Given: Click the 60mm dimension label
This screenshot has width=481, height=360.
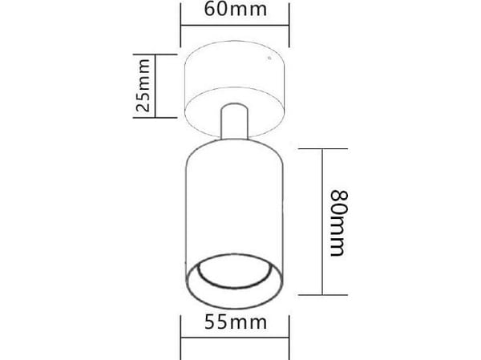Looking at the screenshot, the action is point(235,9).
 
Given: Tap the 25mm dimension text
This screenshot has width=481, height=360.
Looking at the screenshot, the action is point(143,85).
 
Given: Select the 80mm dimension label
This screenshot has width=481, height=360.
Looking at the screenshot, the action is point(339,223).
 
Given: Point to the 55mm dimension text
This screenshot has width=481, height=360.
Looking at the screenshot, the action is point(236,322).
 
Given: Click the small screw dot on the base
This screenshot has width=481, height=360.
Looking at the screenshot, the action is point(269,58).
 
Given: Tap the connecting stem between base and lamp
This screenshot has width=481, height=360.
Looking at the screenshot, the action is point(234,122).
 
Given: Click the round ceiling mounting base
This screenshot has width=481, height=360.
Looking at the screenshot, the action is point(234,89).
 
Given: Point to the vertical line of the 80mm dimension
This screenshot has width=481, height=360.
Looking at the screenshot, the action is point(322,222).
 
